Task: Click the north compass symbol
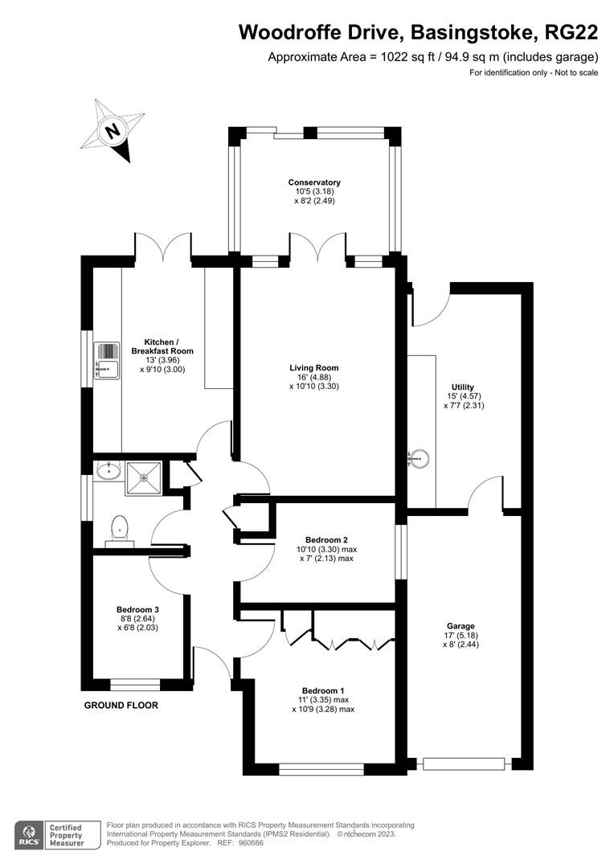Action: pos(112,129)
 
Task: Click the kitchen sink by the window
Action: pos(106,362)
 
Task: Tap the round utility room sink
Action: pos(418,459)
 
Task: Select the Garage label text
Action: pos(460,626)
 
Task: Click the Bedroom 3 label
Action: pos(138,609)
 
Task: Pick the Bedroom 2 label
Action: pos(326,539)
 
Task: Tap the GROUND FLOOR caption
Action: pos(121,706)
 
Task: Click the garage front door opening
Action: pos(464,764)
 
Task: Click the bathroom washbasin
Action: pos(108,469)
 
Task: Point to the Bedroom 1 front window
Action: pos(321,769)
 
